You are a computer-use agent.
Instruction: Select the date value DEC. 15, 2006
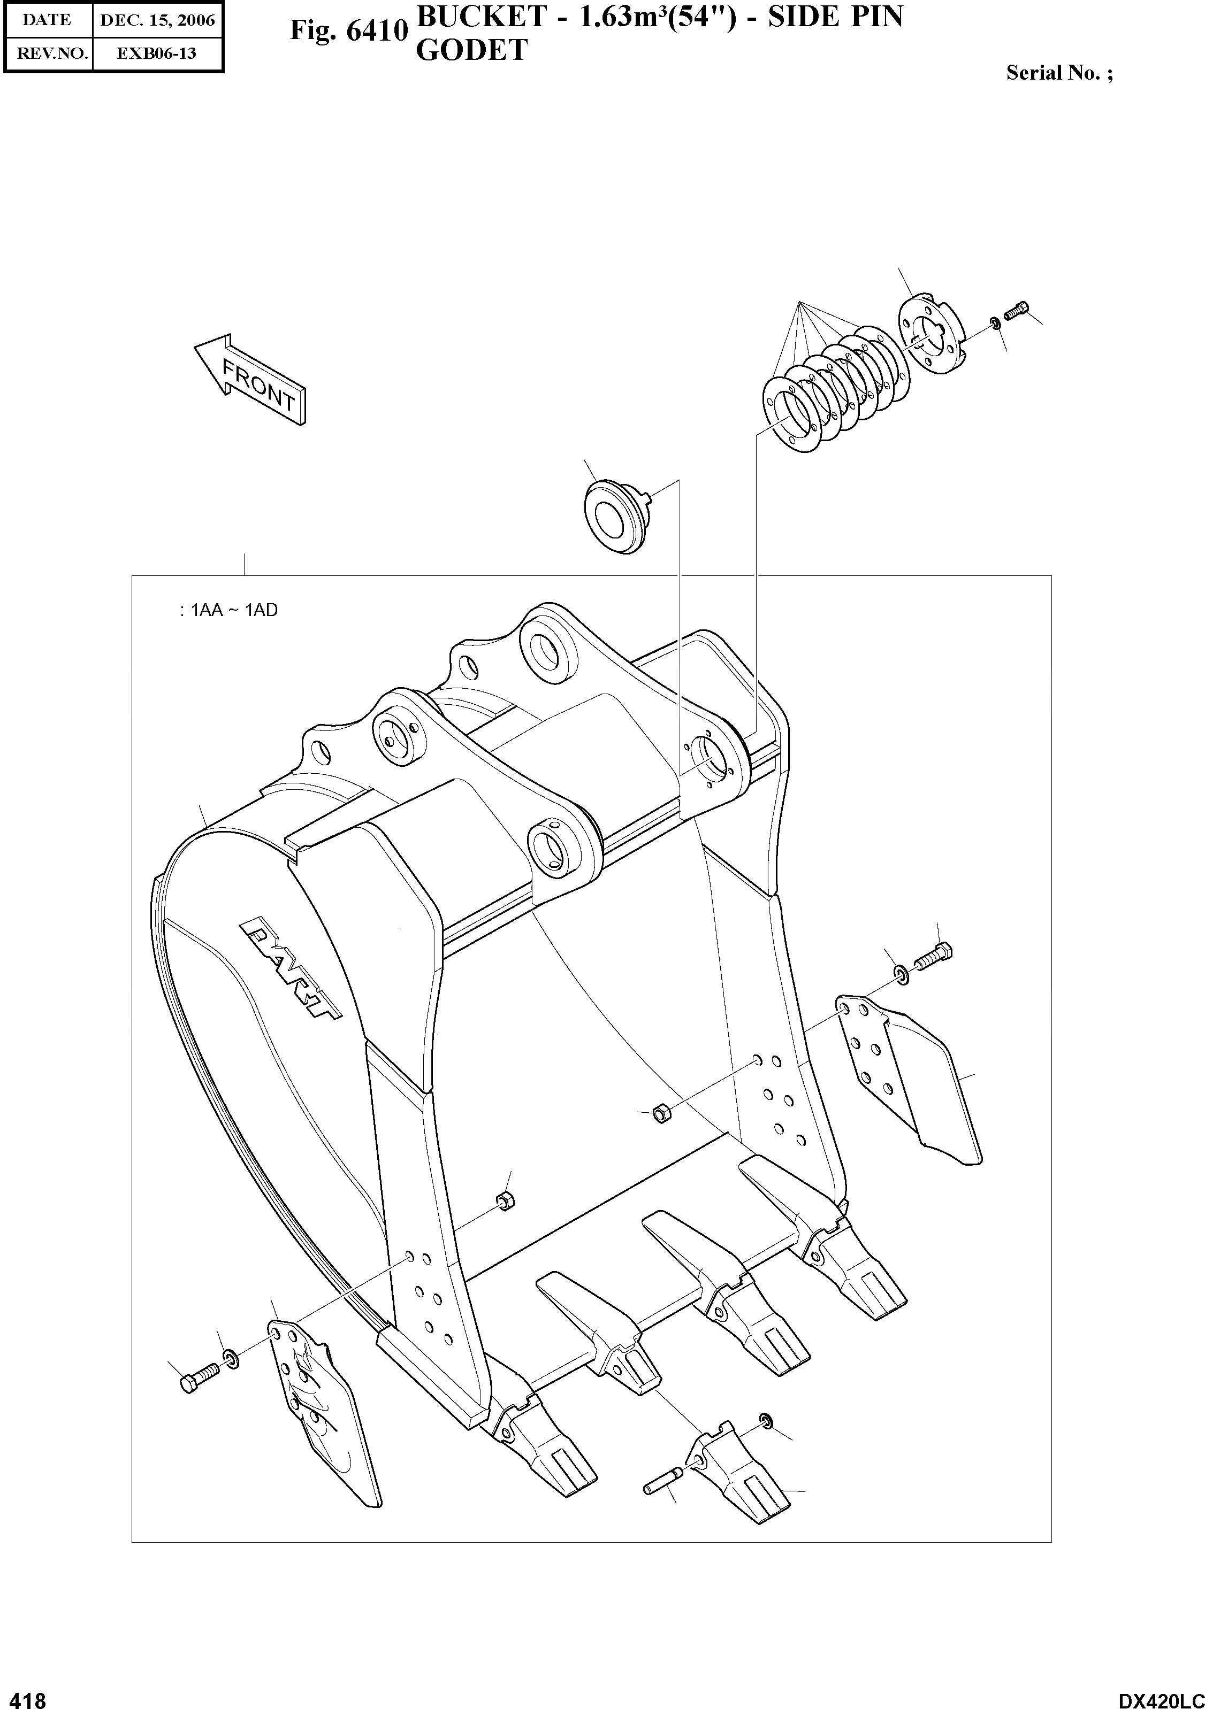[157, 20]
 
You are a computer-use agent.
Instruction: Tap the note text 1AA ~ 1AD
[230, 610]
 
